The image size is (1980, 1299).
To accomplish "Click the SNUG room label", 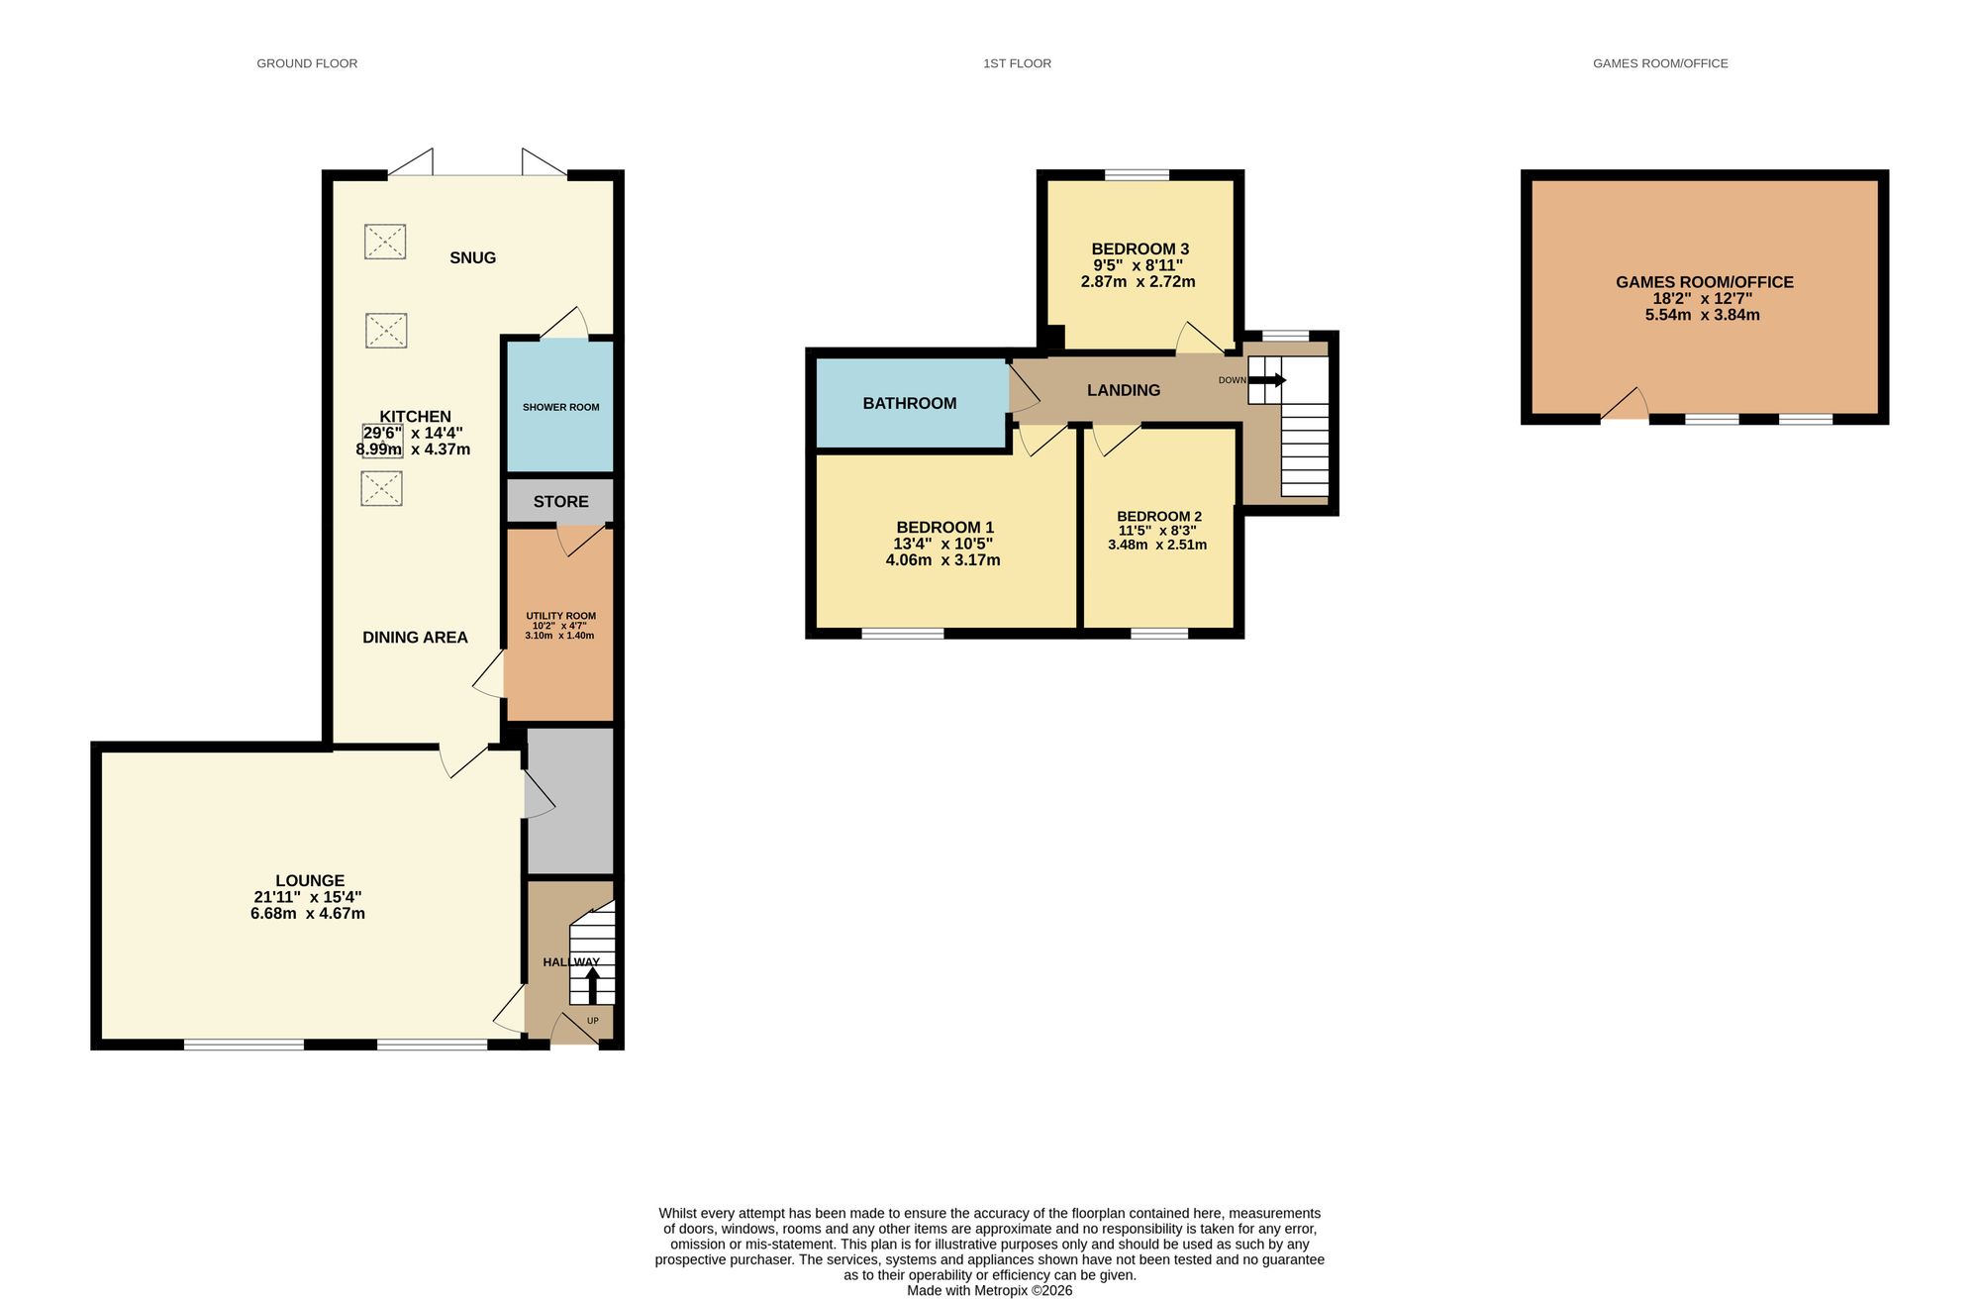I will pos(472,258).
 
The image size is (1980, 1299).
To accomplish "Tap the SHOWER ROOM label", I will pos(560,407).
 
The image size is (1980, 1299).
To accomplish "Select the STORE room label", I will pos(560,502).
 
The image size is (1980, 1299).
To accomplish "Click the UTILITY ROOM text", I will pos(560,616).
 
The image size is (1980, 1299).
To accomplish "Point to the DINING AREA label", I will pos(415,638).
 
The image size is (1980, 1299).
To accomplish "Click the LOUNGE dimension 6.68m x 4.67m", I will pos(308,914).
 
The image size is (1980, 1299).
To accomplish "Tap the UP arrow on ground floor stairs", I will pos(593,986).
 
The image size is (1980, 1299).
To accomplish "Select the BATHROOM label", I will pos(909,404).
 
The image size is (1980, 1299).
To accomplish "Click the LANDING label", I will pos(1123,391).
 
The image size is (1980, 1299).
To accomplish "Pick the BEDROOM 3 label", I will pos(1139,250).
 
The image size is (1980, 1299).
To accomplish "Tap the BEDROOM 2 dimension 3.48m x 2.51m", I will pos(1157,545).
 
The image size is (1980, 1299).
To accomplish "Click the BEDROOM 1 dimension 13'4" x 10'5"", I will pos(942,544).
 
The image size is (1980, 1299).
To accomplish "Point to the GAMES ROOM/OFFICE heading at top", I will pos(1660,63).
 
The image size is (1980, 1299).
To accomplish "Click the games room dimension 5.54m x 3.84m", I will pos(1702,316).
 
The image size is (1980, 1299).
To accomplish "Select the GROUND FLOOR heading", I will pos(307,63).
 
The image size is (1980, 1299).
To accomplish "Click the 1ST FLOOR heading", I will pos(1017,63).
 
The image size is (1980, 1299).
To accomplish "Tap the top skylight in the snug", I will pos(385,242).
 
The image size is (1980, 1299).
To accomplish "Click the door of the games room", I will pos(1626,406).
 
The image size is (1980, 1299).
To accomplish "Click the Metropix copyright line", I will pos(989,1291).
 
